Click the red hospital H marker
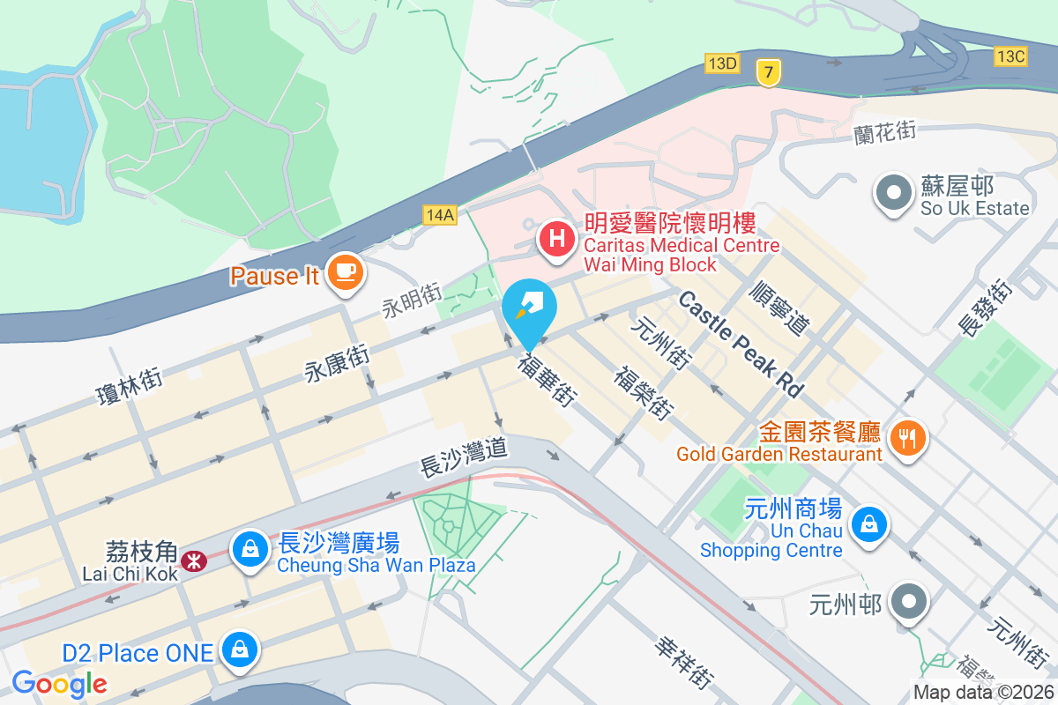point(557,238)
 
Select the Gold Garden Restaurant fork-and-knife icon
point(908,436)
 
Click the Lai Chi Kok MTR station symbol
point(191,560)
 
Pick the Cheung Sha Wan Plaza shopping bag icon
point(250,550)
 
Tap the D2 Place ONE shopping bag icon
point(238,650)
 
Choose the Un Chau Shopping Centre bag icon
point(869,525)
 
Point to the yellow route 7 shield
point(769,75)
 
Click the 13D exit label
point(721,63)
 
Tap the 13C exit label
point(1010,56)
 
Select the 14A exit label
point(439,215)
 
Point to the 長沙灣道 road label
point(464,458)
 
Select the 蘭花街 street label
point(885,133)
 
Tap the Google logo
point(59,683)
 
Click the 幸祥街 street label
point(683,663)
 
